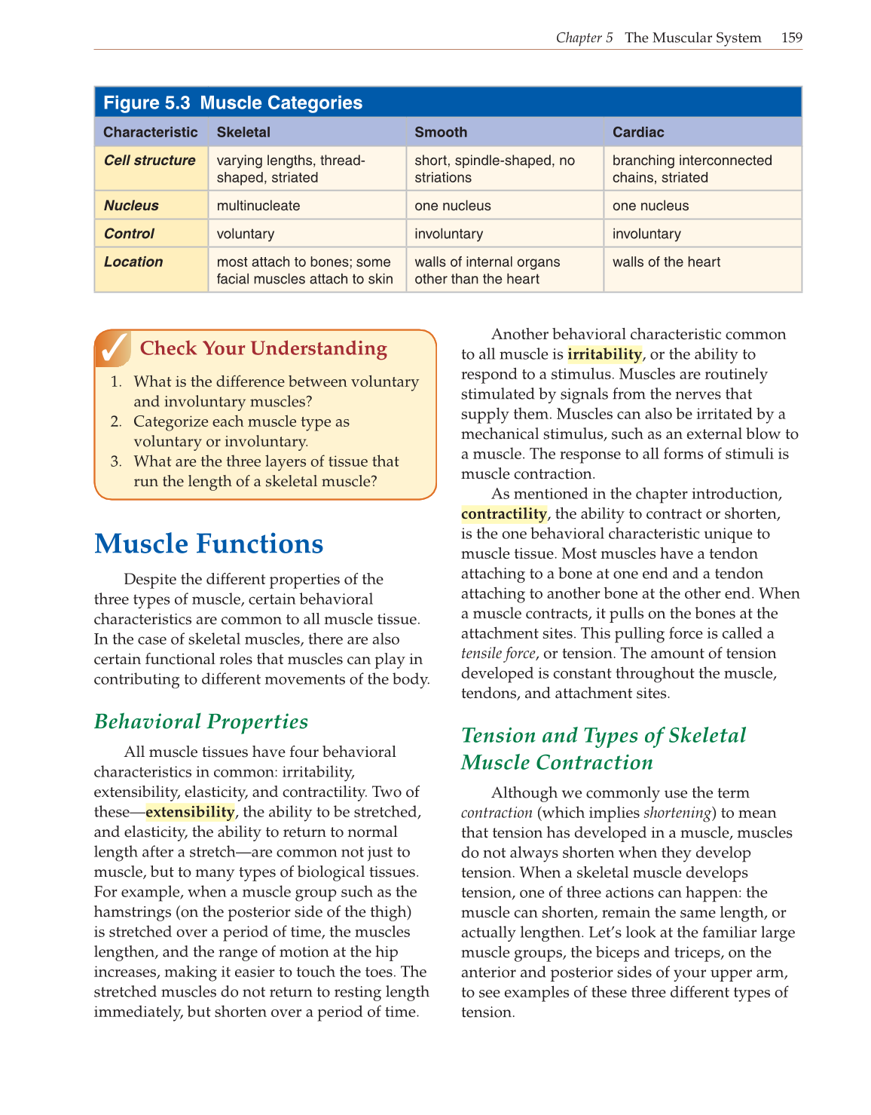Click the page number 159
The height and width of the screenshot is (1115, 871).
tap(792, 38)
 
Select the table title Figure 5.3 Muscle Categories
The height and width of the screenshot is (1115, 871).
tap(233, 103)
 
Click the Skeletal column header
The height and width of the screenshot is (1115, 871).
tap(243, 132)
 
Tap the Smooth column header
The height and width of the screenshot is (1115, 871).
tap(441, 132)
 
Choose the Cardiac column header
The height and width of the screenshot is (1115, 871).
tap(638, 132)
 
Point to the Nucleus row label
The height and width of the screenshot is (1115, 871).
tap(131, 205)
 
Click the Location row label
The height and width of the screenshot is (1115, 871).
tap(133, 262)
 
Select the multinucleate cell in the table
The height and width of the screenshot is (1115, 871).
tap(258, 206)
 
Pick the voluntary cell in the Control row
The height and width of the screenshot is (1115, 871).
tap(246, 234)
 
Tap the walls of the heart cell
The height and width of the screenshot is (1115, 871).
tap(666, 262)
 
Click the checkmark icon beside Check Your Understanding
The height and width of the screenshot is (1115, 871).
tap(114, 348)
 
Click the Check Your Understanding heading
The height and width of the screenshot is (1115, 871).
tap(264, 348)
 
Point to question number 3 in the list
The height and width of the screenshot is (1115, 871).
tap(115, 461)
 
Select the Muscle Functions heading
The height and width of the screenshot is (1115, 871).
tap(209, 544)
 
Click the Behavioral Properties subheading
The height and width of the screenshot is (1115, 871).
tap(201, 721)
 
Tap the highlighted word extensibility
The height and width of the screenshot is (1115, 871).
tap(190, 812)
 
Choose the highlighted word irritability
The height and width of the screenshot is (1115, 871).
tap(604, 354)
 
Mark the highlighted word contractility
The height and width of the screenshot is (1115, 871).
tap(504, 514)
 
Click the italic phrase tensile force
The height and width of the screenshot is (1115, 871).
tap(498, 654)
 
